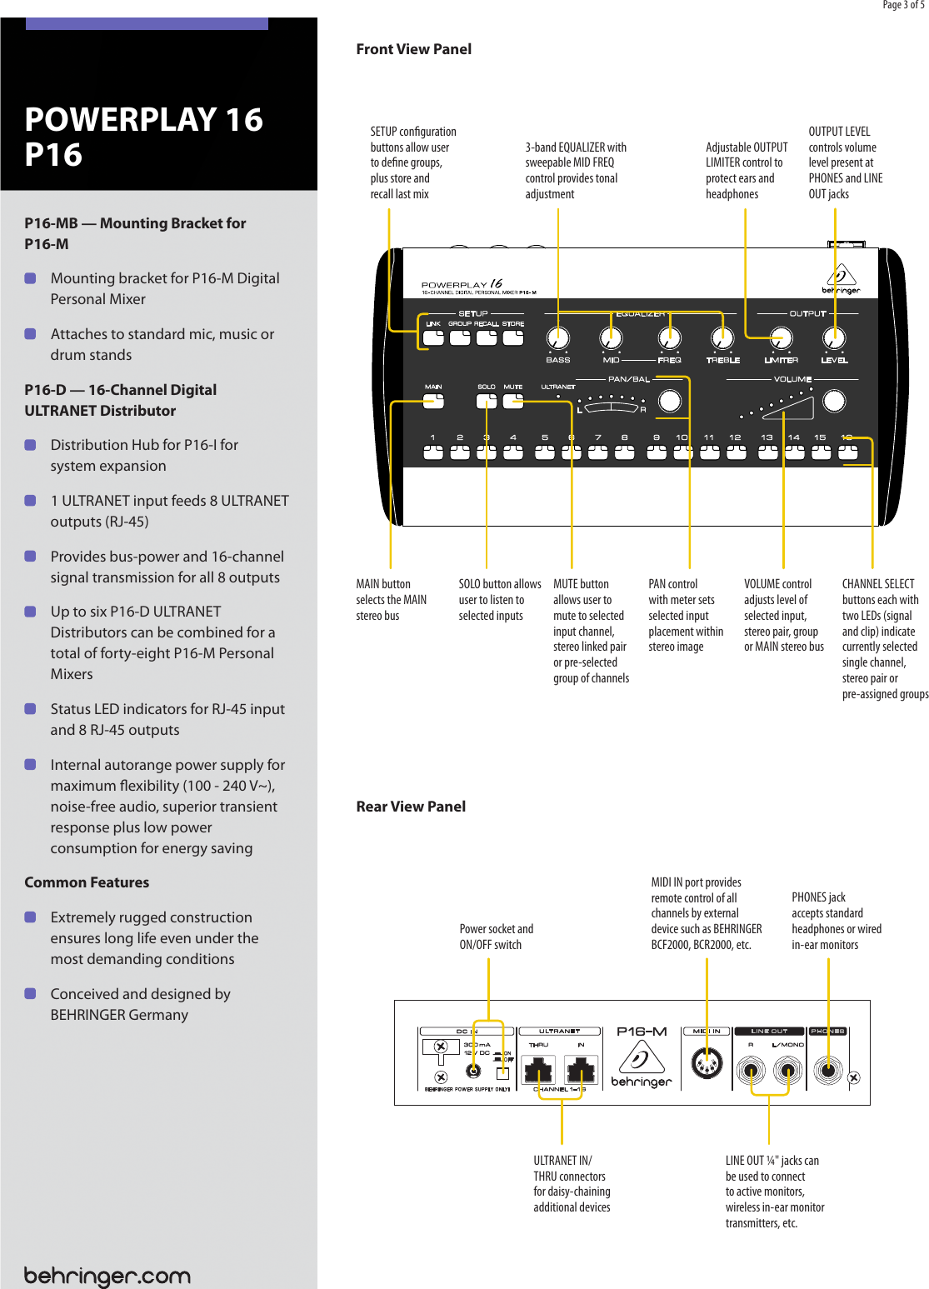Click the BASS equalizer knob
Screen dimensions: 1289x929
pos(557,337)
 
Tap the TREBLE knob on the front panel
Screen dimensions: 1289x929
pos(722,337)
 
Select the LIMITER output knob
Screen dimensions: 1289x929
pos(781,337)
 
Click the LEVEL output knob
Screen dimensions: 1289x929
pos(834,337)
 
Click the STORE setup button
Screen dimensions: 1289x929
pos(513,337)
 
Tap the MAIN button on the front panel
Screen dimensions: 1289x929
pos(433,401)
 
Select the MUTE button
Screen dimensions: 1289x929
pos(513,401)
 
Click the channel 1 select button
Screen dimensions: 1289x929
pos(433,452)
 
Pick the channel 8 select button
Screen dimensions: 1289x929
pos(624,452)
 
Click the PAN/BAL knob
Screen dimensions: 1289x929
pos(670,401)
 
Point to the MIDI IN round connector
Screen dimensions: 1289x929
pos(707,1064)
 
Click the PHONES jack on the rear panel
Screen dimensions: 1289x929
pos(827,1069)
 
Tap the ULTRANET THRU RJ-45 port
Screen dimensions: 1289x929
pos(538,1069)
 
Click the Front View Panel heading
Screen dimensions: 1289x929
pos(413,49)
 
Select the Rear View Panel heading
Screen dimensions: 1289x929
pos(411,807)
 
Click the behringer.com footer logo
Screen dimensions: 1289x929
pos(107,1276)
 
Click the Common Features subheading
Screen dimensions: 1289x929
pos(87,882)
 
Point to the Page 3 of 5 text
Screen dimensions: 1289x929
pos(903,5)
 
